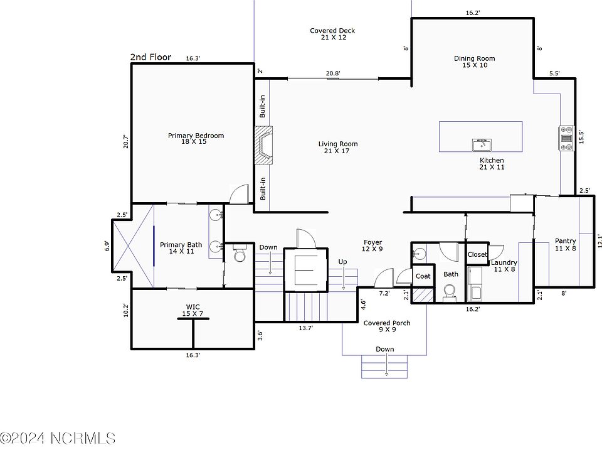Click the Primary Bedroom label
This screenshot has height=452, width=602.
click(196, 138)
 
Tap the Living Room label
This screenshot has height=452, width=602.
click(337, 147)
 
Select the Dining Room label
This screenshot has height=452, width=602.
click(475, 62)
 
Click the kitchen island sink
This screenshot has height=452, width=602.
click(482, 145)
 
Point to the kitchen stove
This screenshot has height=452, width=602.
click(566, 138)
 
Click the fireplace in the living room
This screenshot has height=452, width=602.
click(263, 145)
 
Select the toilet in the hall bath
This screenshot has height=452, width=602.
click(449, 293)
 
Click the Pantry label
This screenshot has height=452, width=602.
click(565, 244)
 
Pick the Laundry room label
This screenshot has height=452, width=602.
click(504, 266)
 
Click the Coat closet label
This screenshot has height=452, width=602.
click(423, 276)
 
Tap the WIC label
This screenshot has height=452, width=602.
click(193, 310)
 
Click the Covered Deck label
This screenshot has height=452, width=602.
click(332, 34)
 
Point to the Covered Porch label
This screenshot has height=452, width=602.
click(387, 326)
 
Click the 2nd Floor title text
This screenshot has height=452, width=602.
click(150, 57)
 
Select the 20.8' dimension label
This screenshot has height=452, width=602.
click(333, 73)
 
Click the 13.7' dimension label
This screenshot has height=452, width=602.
click(306, 328)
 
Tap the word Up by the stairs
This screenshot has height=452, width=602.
click(342, 262)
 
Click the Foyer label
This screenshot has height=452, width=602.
click(372, 245)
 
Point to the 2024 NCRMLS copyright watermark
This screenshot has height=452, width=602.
click(58, 438)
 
